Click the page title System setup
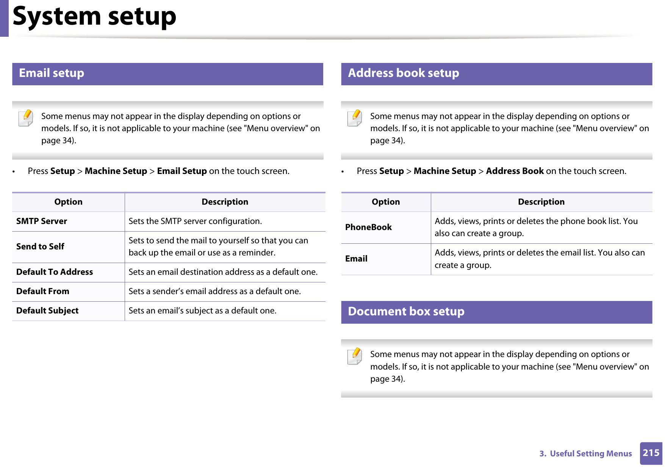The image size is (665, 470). coord(94,16)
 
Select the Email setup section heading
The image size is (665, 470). coord(52,73)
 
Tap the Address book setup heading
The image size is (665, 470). coord(403,73)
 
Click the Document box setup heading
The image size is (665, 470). coord(406,312)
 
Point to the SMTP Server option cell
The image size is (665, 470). coord(42,221)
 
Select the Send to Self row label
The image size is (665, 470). coord(40,247)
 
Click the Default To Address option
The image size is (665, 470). coord(55,272)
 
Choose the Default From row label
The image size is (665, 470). coord(43,291)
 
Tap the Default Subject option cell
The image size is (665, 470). coord(47,311)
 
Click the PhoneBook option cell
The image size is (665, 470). coord(368,227)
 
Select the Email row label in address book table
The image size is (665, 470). coord(356,259)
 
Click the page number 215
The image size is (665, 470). coord(651,453)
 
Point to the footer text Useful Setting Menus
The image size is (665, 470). coord(590,454)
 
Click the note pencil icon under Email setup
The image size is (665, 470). coord(26,118)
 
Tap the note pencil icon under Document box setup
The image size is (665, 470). coord(355,356)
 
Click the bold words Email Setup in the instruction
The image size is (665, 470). coord(182,171)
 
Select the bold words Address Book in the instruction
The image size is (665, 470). coord(515,171)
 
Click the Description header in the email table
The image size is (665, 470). coord(225,202)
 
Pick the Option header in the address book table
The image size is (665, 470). coord(385,202)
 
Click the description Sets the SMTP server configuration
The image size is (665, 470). coord(195,221)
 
